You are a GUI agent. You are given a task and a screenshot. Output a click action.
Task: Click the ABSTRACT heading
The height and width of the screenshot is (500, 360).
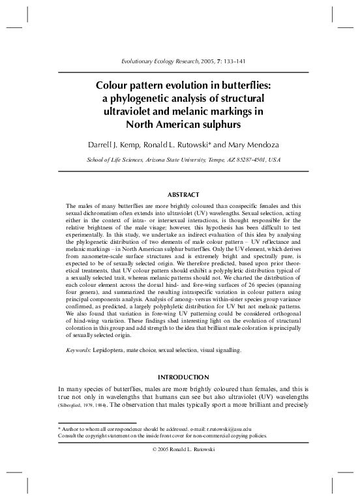click(179, 194)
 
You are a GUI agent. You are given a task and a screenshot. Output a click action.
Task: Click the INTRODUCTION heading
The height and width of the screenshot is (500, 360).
click(179, 377)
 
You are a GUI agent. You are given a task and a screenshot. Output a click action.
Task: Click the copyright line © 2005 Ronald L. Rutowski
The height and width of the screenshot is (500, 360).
click(180, 450)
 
